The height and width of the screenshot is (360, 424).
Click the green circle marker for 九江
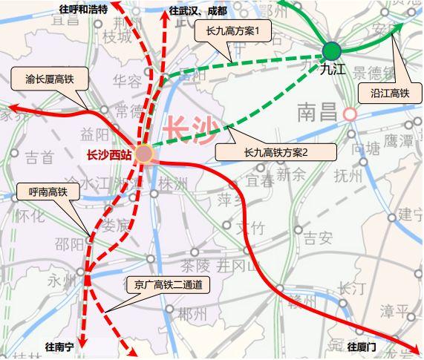coord(331,50)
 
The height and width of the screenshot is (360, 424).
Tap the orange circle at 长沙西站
coord(143,154)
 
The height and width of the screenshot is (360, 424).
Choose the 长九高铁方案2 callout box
coord(275,151)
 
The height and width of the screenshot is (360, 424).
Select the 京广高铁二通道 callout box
coord(168,284)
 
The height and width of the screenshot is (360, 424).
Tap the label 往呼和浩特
coord(82,10)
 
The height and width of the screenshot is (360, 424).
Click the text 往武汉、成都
coord(198,11)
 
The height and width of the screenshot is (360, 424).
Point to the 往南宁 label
coord(61,346)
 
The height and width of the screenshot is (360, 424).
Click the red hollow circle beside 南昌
coord(350,114)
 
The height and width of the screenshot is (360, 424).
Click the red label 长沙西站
coord(108,155)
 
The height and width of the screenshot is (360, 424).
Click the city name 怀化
coord(30,215)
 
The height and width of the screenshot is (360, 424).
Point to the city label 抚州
coord(348,175)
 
